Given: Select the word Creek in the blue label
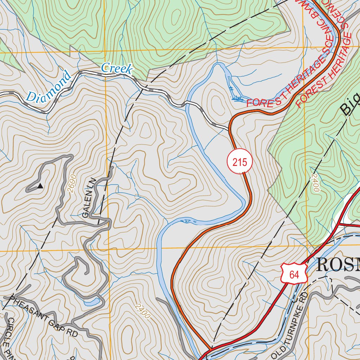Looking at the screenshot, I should (117, 69).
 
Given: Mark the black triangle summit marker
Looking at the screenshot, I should (40, 186).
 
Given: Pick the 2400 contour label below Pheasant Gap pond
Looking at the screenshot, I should (142, 311).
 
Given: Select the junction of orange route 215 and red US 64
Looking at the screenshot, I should (210, 349).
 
